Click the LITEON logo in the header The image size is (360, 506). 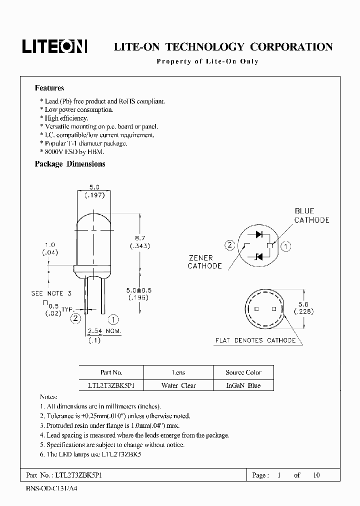pos(54,46)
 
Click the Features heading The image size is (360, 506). pos(49,88)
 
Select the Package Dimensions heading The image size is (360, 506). pos(70,164)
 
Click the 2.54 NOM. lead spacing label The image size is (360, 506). pos(104,331)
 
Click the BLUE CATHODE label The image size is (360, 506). pos(311,215)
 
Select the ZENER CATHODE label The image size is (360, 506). pos(204,262)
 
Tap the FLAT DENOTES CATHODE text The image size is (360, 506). pos(255,340)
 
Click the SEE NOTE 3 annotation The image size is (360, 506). pos(51,293)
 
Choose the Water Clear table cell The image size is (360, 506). pos(178,385)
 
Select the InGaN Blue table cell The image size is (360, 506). pos(243,385)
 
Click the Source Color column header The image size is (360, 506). pos(243,372)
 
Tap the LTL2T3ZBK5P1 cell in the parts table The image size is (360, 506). pos(111,385)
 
